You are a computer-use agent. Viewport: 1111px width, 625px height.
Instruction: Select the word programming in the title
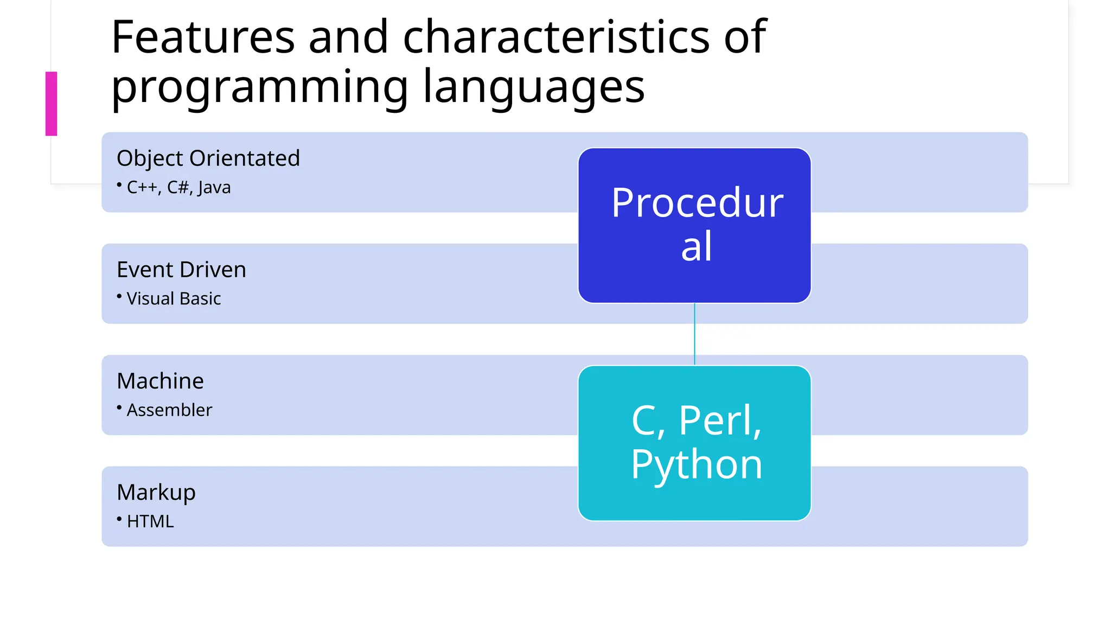click(259, 87)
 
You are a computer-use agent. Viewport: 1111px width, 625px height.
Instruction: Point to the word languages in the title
click(534, 87)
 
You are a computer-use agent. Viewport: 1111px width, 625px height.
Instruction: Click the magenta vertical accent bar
click(51, 104)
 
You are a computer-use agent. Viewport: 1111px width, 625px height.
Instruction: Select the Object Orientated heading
click(208, 158)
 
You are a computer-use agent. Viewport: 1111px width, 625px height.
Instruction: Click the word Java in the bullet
click(214, 187)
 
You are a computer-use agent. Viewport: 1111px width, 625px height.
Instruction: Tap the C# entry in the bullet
click(178, 187)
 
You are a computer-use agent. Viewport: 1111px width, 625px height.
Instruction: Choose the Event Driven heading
click(181, 270)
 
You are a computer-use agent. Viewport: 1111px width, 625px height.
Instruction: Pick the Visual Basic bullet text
click(174, 298)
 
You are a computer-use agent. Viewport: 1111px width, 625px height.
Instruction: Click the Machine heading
click(160, 381)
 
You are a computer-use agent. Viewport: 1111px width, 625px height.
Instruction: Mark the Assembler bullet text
click(169, 410)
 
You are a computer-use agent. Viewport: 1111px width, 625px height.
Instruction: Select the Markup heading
click(156, 493)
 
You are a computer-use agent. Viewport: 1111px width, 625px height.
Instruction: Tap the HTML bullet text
click(150, 521)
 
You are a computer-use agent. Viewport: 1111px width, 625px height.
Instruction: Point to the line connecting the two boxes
click(694, 334)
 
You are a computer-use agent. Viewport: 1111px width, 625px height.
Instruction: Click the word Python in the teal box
click(697, 465)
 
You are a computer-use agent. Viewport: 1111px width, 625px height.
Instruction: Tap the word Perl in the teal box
click(720, 420)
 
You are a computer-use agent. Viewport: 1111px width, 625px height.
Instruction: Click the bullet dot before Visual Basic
click(119, 296)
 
